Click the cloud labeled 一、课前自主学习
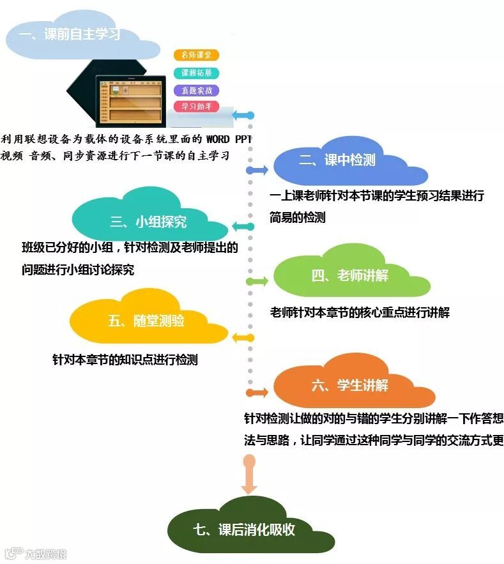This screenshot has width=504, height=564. (74, 35)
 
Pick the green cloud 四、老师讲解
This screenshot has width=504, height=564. (350, 276)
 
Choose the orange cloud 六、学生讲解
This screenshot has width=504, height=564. (350, 385)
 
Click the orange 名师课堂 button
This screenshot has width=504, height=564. (196, 56)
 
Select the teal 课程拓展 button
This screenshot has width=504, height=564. (196, 73)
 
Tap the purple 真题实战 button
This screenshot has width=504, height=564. (196, 90)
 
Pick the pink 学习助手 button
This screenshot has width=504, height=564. (196, 107)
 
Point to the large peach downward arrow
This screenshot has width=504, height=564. (249, 473)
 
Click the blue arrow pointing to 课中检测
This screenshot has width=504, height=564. (257, 171)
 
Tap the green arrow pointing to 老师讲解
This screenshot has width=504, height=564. (257, 281)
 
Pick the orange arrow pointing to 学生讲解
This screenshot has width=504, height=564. (257, 392)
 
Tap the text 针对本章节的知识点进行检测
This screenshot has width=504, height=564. (125, 360)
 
